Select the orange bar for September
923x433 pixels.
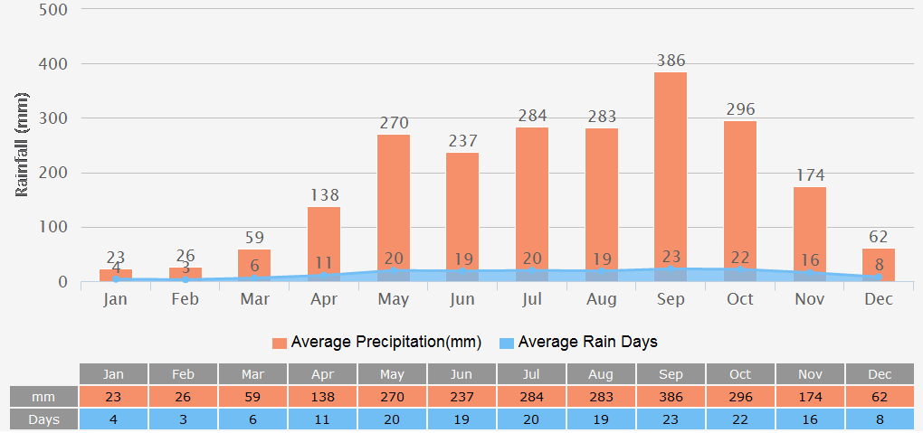click(671, 172)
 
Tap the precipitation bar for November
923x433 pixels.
click(810, 226)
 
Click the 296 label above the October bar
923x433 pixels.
click(740, 109)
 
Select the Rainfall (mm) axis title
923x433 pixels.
click(23, 145)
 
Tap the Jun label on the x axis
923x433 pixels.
click(462, 299)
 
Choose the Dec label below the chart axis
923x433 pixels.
click(879, 299)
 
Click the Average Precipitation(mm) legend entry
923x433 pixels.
click(376, 343)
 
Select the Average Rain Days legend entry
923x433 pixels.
click(578, 343)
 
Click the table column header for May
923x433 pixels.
click(392, 374)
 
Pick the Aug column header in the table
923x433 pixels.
click(601, 374)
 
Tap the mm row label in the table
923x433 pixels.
click(43, 397)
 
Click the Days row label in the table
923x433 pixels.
click(43, 419)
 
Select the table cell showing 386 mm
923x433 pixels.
click(671, 397)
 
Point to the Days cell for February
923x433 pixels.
click(183, 419)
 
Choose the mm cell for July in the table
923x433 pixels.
click(531, 397)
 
